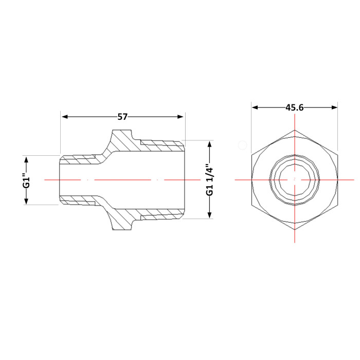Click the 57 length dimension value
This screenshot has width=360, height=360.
pos(122,117)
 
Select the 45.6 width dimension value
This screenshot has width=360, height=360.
pos(295,107)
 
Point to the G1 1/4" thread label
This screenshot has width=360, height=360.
pos(209,179)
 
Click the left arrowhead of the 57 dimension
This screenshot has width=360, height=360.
pos(65,117)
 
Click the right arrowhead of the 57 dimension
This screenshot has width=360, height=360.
pos(180,117)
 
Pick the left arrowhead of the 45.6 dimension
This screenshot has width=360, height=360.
pos(255,107)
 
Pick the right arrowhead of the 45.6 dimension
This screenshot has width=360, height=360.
pos(334,107)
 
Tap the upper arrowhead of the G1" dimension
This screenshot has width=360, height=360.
pos(26,159)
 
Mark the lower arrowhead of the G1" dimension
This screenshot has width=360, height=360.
pos(26,202)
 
